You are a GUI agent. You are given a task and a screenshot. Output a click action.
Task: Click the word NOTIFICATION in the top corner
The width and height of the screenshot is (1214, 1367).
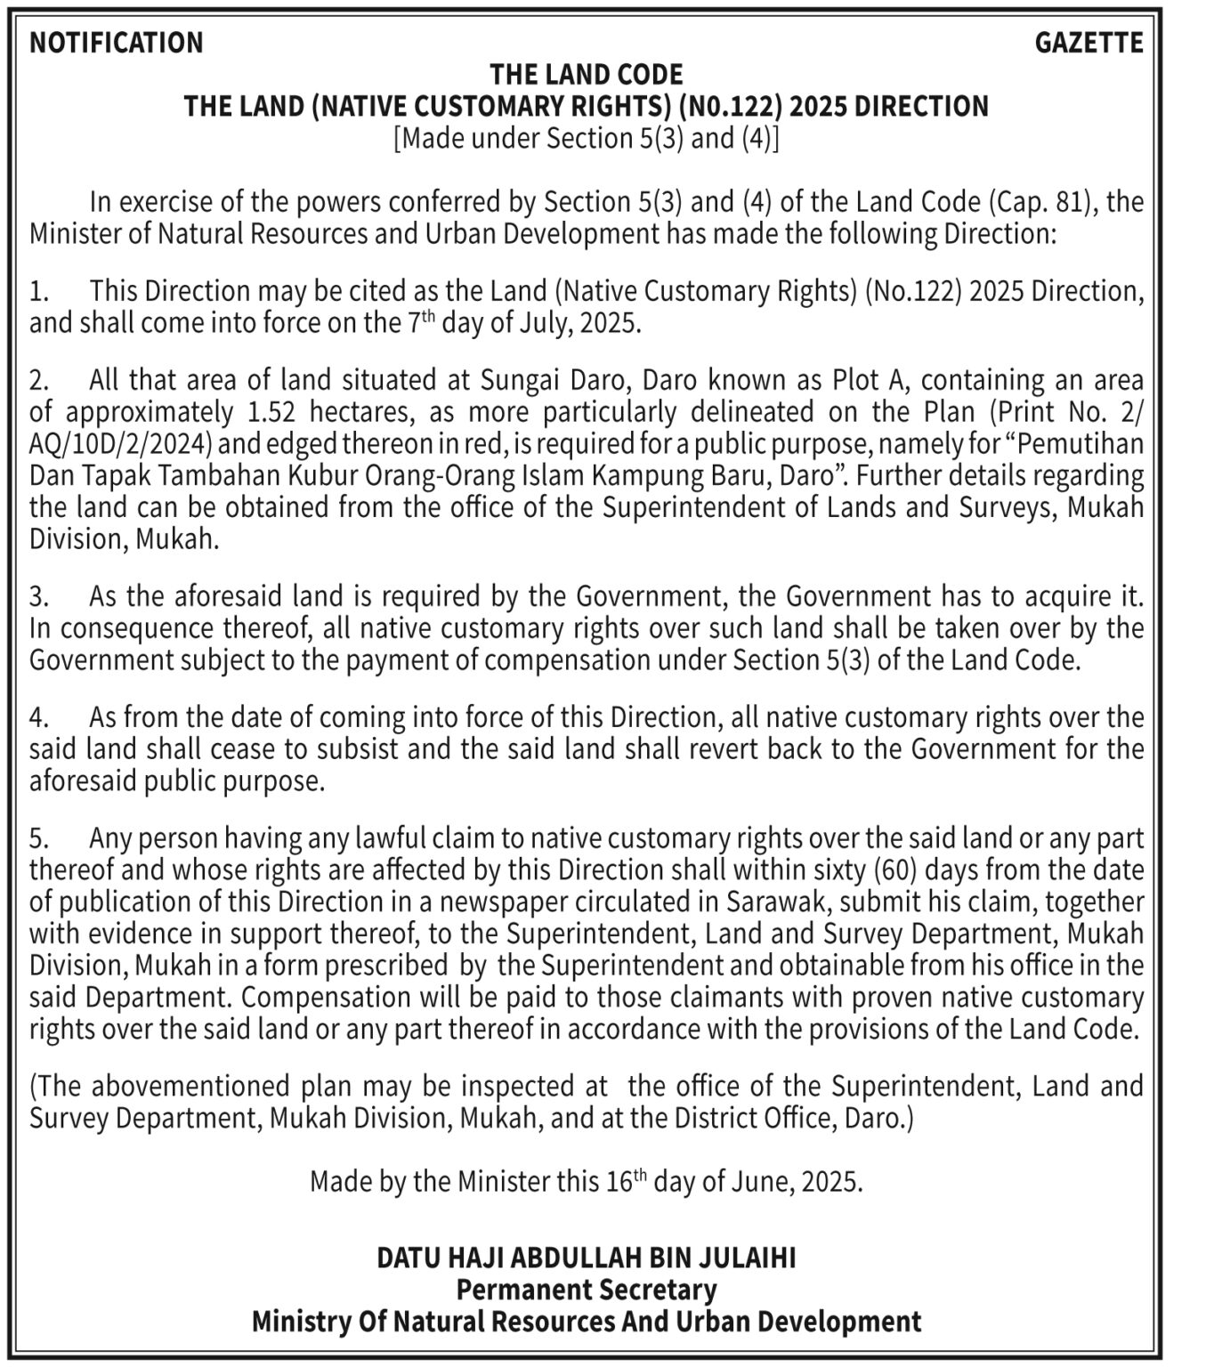[x=117, y=43]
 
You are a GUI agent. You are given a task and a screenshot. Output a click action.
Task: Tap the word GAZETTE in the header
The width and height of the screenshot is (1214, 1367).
[x=1089, y=43]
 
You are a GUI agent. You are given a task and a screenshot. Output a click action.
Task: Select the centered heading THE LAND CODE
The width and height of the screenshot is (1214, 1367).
[x=587, y=74]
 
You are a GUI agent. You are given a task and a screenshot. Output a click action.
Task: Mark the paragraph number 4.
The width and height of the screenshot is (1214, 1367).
[x=38, y=717]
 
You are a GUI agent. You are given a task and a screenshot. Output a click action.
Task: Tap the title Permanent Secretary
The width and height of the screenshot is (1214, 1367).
[x=587, y=1290]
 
